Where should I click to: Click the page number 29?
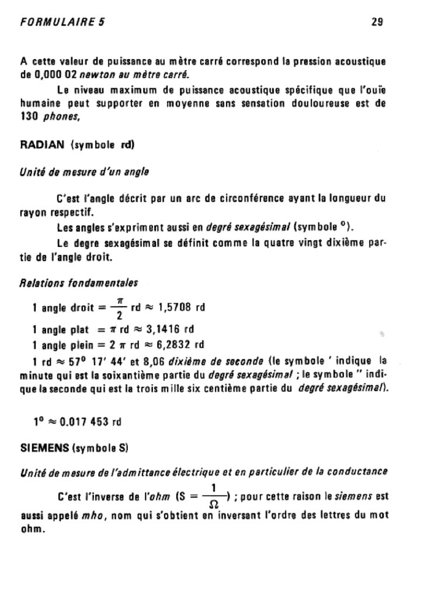(x=377, y=22)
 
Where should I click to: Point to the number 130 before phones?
(x=30, y=117)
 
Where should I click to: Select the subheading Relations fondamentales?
(x=79, y=283)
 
